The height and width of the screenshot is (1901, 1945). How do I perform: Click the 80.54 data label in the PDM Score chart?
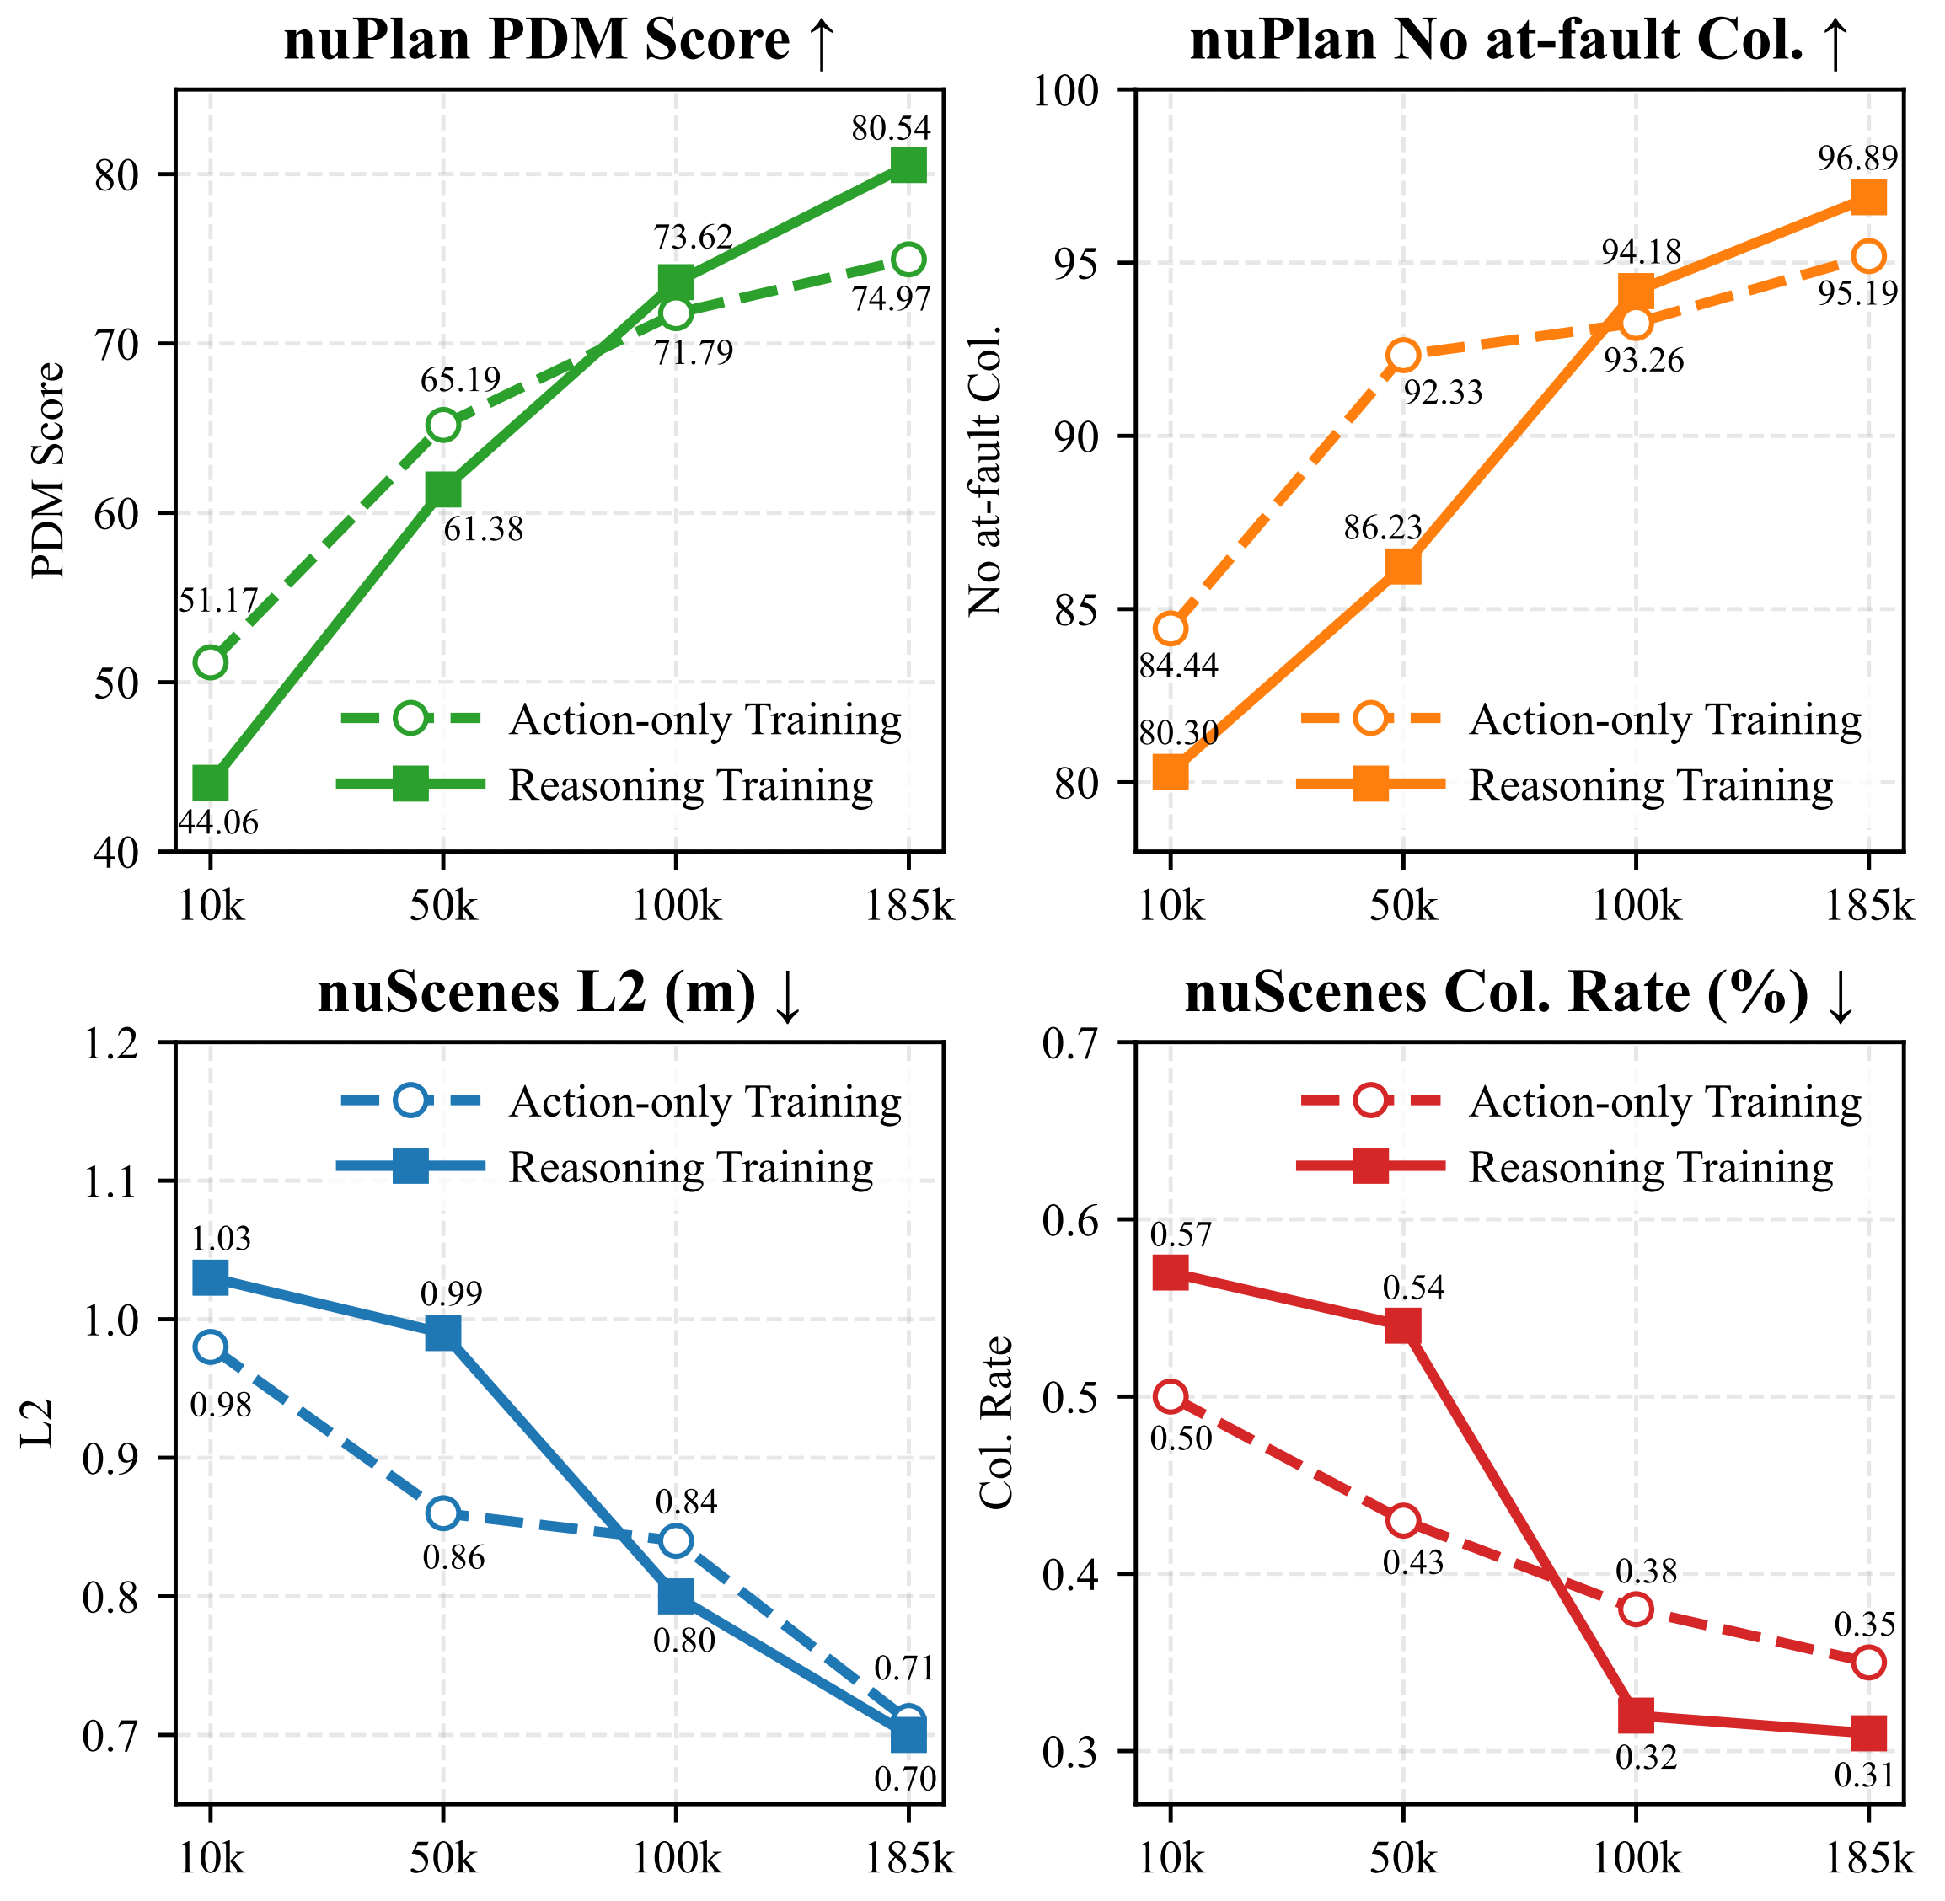tap(891, 129)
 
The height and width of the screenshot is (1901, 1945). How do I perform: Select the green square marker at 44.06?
tap(211, 784)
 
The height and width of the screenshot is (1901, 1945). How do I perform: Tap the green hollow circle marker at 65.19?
tap(443, 426)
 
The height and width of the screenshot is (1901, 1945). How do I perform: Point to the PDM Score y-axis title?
tap(47, 470)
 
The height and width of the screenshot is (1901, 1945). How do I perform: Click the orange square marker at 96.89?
tap(1868, 198)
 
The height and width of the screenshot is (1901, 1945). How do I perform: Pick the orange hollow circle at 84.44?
tap(1171, 629)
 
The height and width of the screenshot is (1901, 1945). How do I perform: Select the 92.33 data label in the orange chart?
tap(1443, 394)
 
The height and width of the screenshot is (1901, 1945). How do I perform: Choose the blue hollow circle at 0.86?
tap(443, 1513)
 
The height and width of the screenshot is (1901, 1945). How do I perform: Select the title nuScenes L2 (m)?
tap(559, 994)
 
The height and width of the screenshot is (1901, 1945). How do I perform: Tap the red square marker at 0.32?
tap(1636, 1716)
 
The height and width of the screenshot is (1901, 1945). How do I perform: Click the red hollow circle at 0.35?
tap(1868, 1663)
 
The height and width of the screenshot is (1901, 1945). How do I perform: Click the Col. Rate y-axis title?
tap(995, 1422)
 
